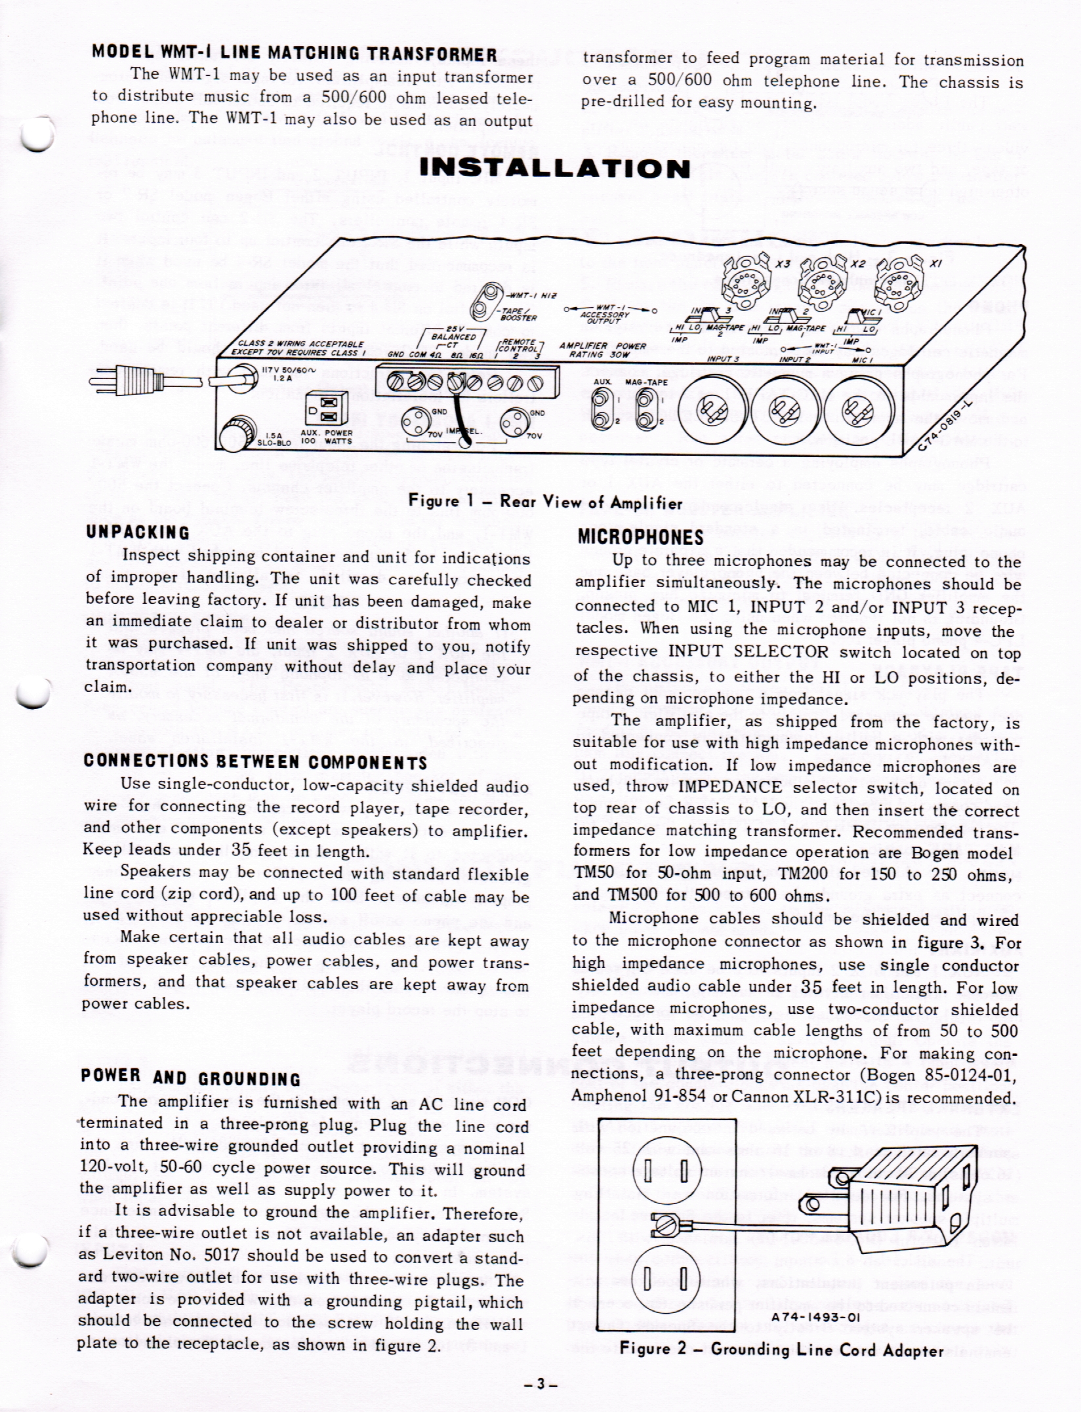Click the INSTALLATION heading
coord(554,168)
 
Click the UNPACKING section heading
coord(138,532)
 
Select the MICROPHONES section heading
coord(640,538)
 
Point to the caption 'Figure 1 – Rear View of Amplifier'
coord(545,502)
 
